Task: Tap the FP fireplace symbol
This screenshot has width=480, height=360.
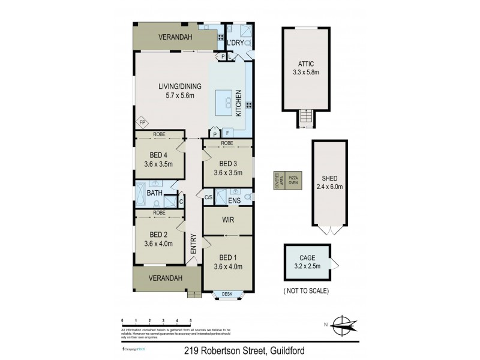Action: [142, 123]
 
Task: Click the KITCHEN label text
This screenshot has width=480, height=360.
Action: [238, 103]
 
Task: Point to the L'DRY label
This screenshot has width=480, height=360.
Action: [235, 43]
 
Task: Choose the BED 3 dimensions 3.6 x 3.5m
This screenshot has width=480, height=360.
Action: [227, 173]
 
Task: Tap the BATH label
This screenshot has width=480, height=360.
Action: [155, 193]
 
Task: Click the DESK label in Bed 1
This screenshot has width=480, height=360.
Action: [227, 294]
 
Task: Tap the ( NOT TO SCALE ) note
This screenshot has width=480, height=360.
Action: [306, 290]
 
